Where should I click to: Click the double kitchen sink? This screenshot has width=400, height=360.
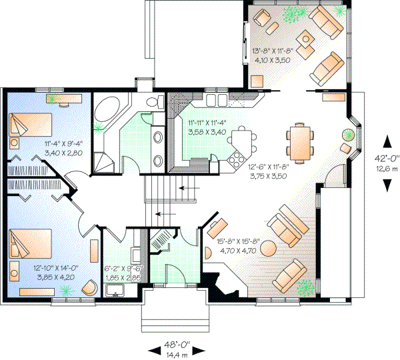(215, 100)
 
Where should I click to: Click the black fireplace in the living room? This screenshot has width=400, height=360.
(225, 283)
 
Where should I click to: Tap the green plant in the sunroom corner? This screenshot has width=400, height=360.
(290, 12)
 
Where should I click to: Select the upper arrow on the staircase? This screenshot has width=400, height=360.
(192, 189)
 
